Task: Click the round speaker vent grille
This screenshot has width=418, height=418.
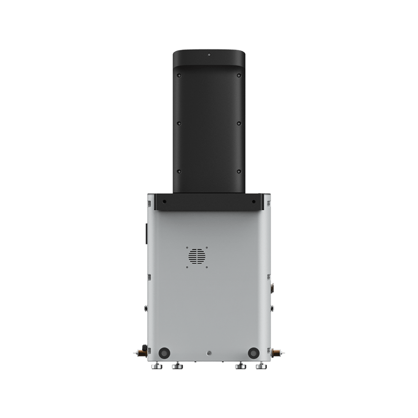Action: [197, 256]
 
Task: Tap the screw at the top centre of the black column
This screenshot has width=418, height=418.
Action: [209, 55]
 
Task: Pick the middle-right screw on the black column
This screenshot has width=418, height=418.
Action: [238, 123]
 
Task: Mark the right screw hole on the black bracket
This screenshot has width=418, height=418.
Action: [254, 202]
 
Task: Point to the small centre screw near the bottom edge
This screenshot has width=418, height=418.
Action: [209, 352]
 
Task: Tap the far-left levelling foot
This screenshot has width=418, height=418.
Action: [157, 367]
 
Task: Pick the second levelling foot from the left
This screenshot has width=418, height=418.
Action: [177, 367]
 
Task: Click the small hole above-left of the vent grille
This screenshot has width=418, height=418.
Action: [188, 247]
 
